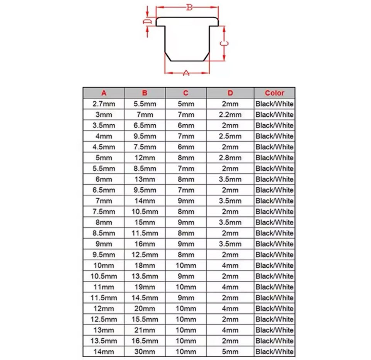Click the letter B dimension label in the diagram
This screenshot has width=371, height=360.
coord(189,7)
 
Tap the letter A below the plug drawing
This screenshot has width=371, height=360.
coord(186,73)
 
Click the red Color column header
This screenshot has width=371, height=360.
coord(274,93)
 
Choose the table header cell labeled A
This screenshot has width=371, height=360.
coord(104,93)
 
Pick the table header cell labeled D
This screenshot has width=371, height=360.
coord(230,93)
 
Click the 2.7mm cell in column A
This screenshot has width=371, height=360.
coord(104,104)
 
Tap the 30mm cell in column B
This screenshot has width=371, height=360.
coord(145,352)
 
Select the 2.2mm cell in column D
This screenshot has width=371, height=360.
coord(230,114)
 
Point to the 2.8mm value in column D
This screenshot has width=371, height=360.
coord(230,158)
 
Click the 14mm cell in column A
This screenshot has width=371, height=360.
coord(104,352)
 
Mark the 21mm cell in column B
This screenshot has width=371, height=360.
coord(145,330)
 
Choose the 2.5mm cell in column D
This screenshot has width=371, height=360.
coord(230,136)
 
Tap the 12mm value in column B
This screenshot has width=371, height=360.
coord(145,158)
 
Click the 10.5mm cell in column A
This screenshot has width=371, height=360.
coord(104,276)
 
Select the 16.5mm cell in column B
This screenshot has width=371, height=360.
coord(145,341)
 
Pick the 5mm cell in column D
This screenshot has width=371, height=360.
coord(230,352)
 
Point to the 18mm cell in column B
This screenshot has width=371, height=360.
coord(145,265)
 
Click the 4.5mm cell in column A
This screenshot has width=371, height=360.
coord(104,147)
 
